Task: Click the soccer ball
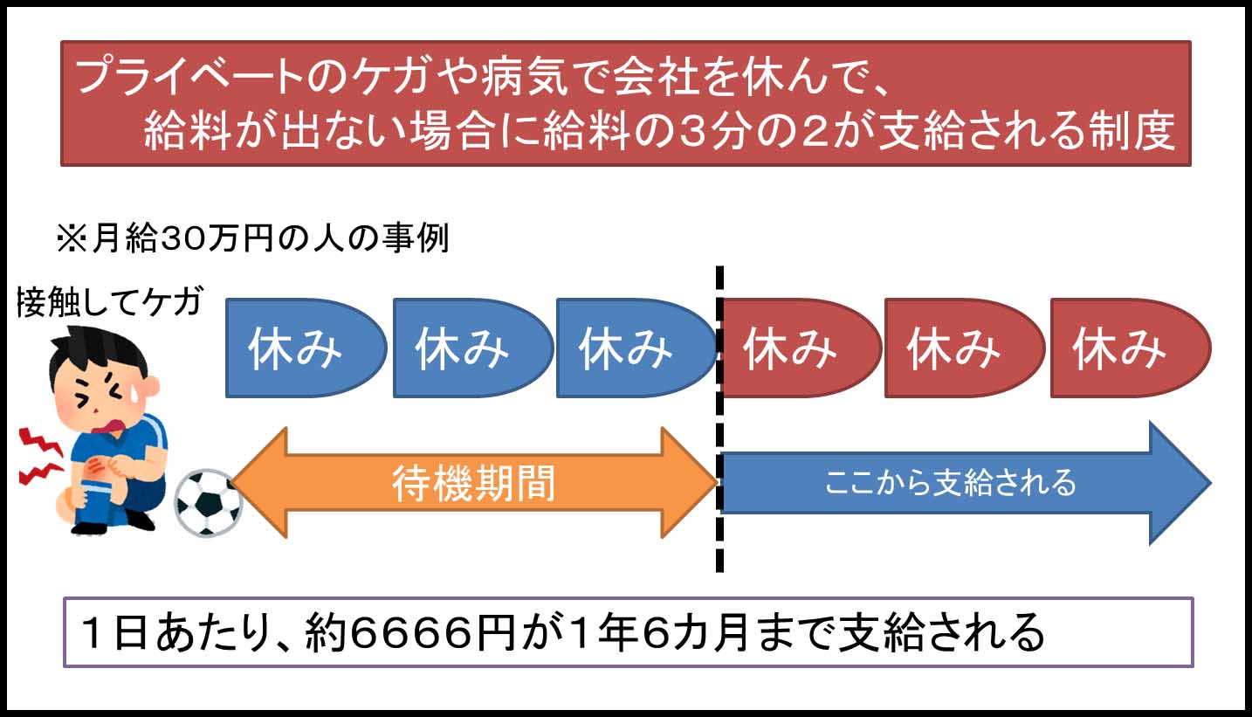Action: tap(207, 504)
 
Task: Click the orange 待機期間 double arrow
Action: tap(474, 482)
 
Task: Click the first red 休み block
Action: tap(796, 348)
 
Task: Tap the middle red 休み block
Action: tap(960, 348)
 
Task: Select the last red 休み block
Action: tap(1125, 348)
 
